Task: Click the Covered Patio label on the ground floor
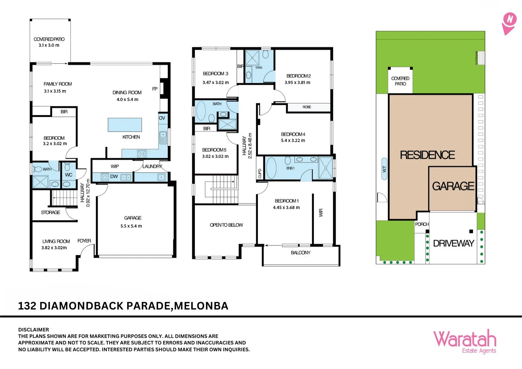coord(49,39)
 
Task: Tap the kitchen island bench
coord(125,125)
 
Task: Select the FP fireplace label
coord(155,89)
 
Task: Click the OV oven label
coord(162,118)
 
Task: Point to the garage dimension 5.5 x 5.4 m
coord(131,226)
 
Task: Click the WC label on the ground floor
coord(69,175)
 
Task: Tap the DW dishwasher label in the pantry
coord(114,176)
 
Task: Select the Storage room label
coord(51,212)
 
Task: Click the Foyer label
coord(84,241)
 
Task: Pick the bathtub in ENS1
coord(271,168)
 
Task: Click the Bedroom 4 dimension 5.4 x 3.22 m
coord(293,140)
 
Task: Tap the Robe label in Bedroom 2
coord(307,107)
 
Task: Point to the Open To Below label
coord(226,225)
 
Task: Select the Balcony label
coord(301,252)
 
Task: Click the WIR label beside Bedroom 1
coord(321,213)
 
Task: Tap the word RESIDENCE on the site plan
coord(427,155)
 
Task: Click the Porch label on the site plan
coord(422,224)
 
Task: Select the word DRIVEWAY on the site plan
coord(454,243)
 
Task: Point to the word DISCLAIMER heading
coord(33,330)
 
